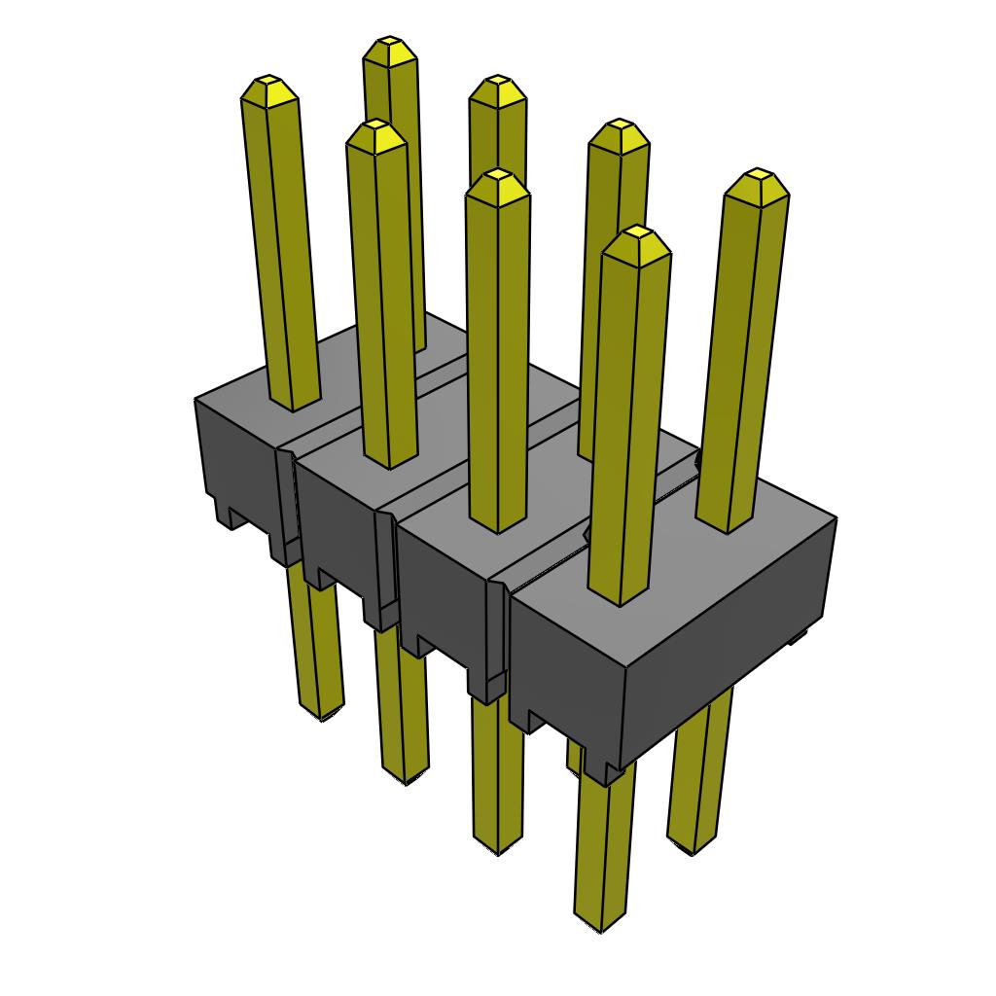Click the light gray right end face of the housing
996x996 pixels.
pos(729,632)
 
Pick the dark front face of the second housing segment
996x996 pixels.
pos(336,525)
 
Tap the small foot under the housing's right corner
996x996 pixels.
pos(798,637)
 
